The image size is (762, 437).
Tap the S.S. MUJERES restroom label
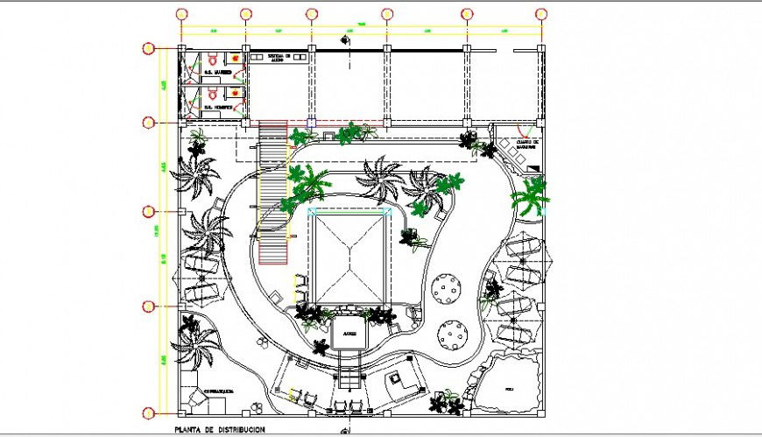click(218, 73)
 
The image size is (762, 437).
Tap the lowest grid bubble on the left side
click(149, 410)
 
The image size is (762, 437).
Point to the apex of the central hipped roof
click(349, 255)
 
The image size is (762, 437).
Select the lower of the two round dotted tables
click(454, 334)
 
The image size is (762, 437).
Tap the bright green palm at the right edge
click(531, 196)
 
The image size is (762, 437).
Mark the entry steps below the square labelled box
click(349, 377)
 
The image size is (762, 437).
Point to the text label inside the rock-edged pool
click(509, 386)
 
